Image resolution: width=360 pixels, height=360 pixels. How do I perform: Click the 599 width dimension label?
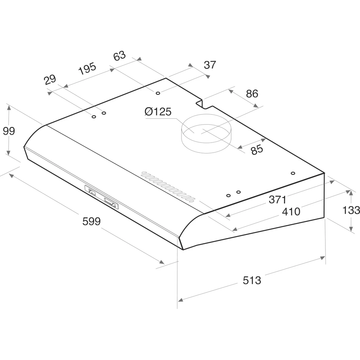(91, 221)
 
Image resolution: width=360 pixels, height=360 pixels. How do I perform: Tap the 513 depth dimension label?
(252, 280)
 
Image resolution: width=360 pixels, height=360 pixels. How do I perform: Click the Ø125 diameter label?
(158, 112)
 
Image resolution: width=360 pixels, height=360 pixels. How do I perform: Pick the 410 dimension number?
(291, 211)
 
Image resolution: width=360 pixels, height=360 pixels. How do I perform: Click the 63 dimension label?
(120, 56)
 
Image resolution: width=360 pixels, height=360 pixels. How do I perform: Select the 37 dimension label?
(210, 65)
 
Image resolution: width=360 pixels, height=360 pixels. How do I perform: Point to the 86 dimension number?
(252, 94)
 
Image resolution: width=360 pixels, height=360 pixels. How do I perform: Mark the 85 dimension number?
(257, 149)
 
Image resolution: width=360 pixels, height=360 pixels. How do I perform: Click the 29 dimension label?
(50, 80)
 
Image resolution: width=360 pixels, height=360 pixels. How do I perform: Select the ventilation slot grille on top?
(168, 185)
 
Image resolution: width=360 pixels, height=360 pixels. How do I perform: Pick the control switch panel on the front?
(102, 197)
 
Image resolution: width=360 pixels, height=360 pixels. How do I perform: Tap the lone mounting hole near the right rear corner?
(293, 174)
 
